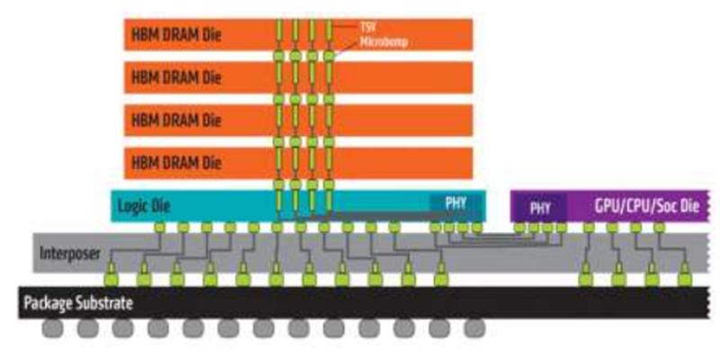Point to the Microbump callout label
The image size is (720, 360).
pyautogui.click(x=360, y=41)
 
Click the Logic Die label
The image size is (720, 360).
pyautogui.click(x=144, y=206)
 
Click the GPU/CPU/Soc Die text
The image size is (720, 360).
pyautogui.click(x=646, y=206)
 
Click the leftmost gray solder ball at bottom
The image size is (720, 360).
pyautogui.click(x=51, y=329)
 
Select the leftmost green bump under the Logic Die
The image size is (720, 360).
pyautogui.click(x=159, y=229)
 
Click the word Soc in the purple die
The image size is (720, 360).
pyautogui.click(x=666, y=206)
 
